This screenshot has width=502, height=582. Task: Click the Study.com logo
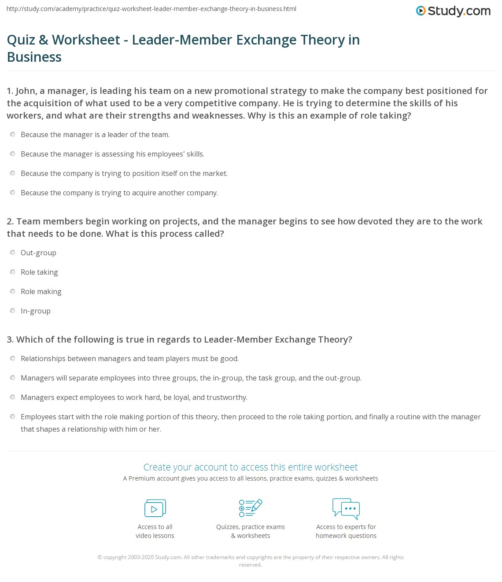tap(453, 11)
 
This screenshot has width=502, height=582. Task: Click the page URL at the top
tap(151, 9)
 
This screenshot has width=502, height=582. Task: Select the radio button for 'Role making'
tap(13, 291)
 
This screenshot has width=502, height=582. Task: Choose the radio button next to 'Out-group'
tap(13, 253)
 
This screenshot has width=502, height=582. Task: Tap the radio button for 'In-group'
tap(13, 311)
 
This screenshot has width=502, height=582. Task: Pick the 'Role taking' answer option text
tap(39, 272)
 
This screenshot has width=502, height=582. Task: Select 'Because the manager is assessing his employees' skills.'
tap(112, 154)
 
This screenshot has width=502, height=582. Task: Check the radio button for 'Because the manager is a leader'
tap(13, 134)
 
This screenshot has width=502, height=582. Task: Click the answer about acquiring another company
tap(119, 193)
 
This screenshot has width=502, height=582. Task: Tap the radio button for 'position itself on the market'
tap(13, 173)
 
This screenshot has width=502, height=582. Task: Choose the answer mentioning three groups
tap(191, 378)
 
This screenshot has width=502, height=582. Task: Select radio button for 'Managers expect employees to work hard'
tap(13, 397)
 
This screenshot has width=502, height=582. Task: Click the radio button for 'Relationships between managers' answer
tap(13, 358)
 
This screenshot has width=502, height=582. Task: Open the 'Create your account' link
tap(251, 467)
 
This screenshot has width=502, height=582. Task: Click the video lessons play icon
tap(155, 508)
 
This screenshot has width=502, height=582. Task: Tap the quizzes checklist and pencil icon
tap(251, 508)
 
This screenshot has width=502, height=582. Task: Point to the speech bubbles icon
tap(346, 508)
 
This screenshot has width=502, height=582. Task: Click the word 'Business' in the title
tap(34, 57)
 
